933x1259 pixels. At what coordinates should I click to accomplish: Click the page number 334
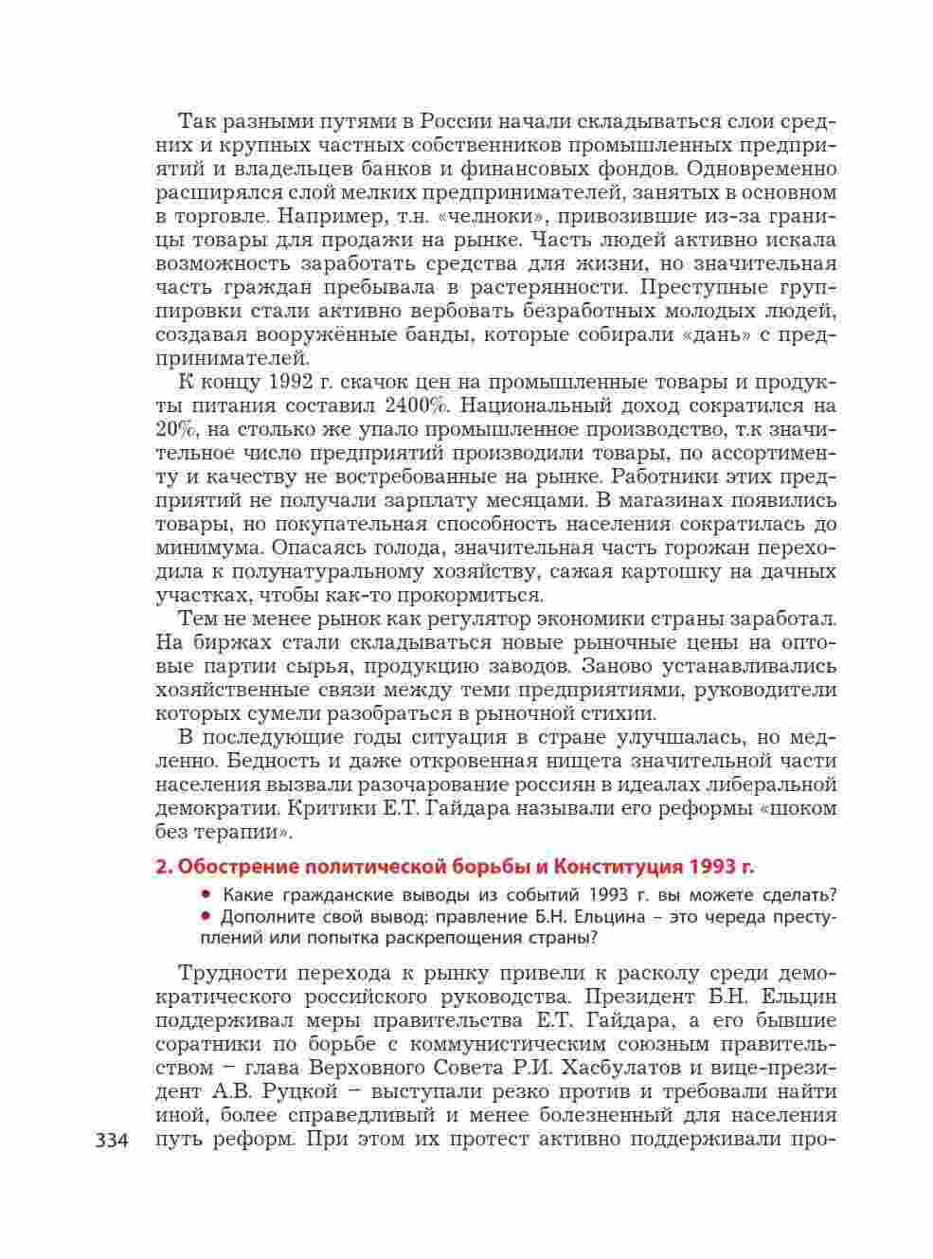point(118,1141)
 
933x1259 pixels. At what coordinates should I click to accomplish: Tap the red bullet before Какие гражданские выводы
point(205,893)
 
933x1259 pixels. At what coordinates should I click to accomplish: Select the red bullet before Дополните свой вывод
point(205,916)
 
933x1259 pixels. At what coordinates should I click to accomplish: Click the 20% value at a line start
point(175,430)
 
